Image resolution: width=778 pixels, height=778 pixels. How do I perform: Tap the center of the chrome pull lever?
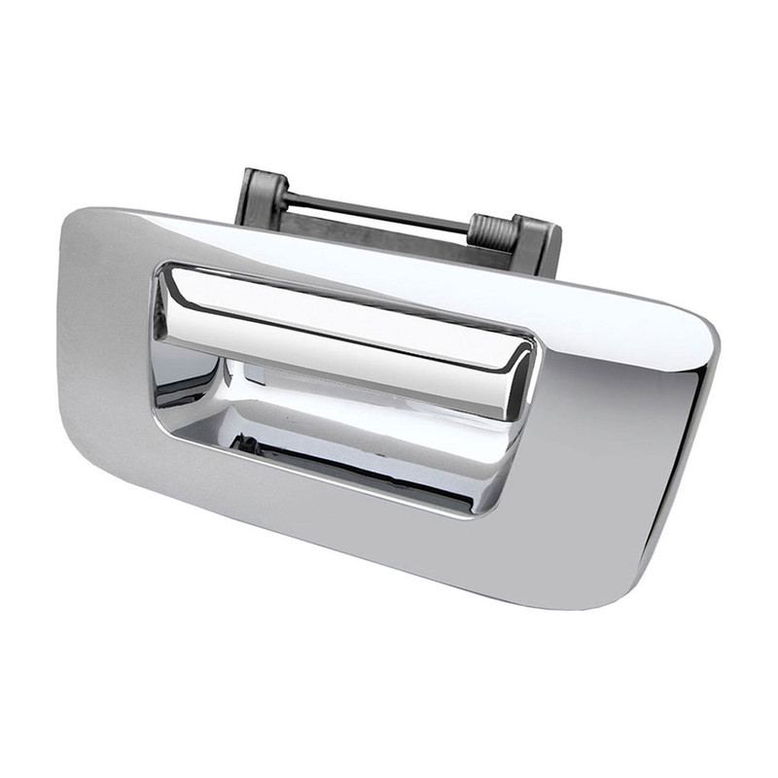click(340, 331)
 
